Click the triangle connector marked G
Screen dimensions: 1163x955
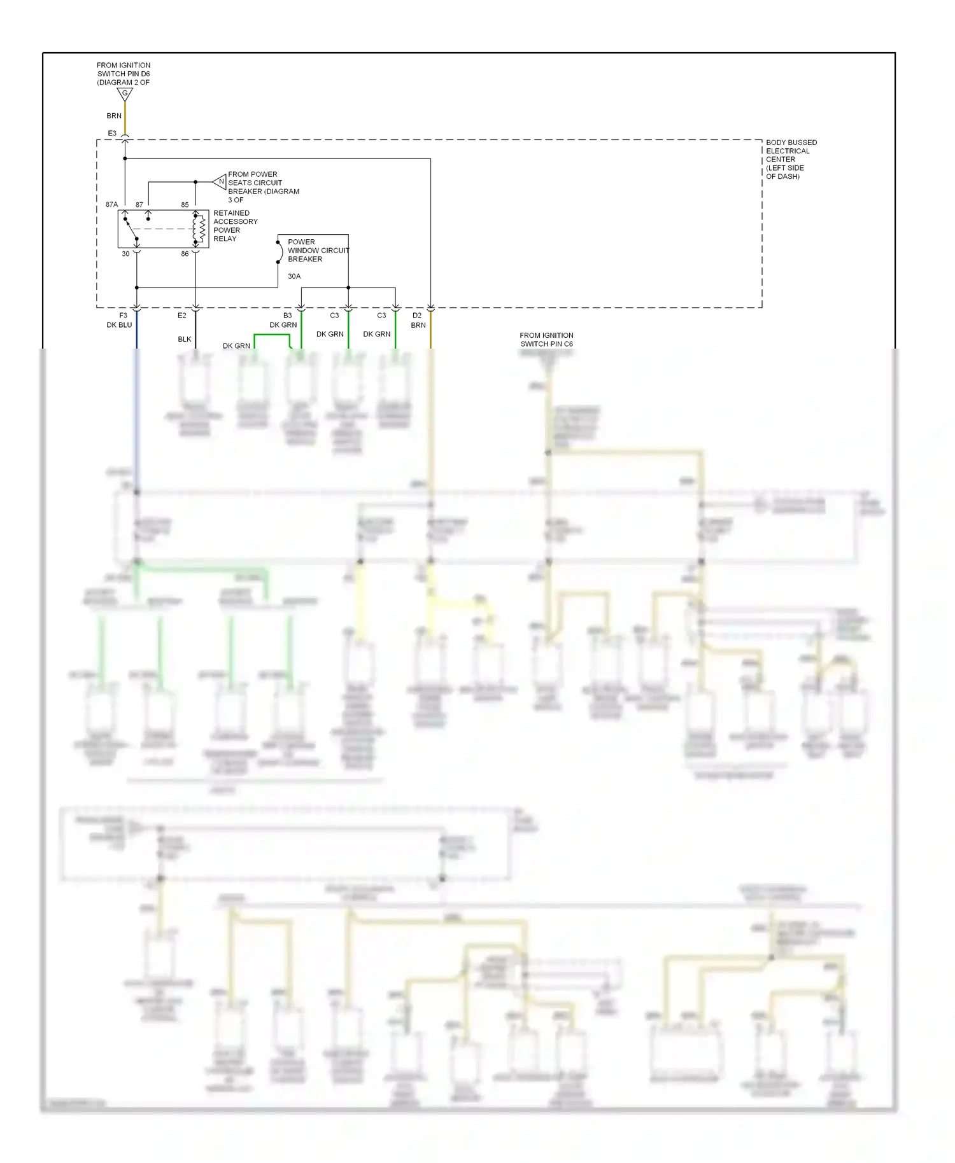[125, 94]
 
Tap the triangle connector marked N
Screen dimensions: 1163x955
[220, 182]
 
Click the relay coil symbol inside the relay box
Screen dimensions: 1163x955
[200, 229]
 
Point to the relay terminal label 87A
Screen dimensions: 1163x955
[111, 204]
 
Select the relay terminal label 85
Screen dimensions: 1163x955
[185, 205]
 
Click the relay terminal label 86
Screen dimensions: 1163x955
[185, 254]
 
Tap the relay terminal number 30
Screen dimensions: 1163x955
[125, 254]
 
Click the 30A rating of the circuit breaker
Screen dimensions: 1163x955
[294, 276]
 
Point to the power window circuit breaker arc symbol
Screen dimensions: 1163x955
[279, 252]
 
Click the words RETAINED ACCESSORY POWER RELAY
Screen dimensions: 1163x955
[235, 226]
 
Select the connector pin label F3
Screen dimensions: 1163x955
[123, 316]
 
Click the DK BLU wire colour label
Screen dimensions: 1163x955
[119, 325]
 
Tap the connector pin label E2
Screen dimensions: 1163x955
[181, 316]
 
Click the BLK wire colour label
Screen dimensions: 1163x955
[184, 339]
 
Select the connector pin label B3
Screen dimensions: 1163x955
[287, 316]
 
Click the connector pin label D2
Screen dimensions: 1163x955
[417, 316]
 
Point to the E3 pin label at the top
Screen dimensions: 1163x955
[112, 134]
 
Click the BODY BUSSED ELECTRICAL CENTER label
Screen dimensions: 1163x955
[790, 159]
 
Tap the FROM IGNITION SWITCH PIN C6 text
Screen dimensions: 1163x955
[546, 340]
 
